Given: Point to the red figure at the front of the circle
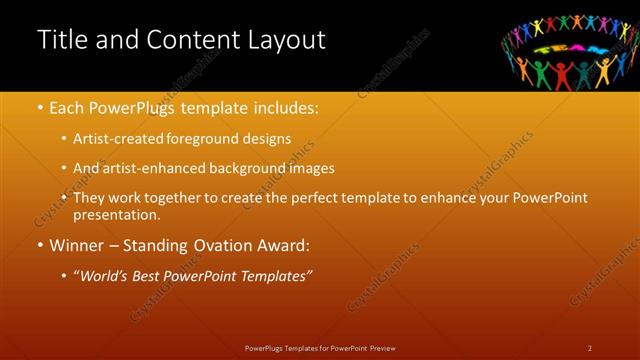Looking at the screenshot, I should coord(562,75).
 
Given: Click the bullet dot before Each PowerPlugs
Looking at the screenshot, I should coord(40,108).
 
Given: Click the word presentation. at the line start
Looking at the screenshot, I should coord(116,215).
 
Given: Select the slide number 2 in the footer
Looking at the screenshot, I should coord(590,348).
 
